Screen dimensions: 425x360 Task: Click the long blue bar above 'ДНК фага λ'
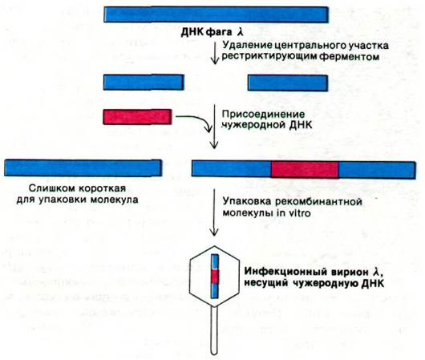(216, 14)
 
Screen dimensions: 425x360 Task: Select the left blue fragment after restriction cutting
(144, 82)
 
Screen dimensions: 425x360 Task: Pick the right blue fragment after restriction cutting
(288, 83)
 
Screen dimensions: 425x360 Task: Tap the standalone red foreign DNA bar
(137, 117)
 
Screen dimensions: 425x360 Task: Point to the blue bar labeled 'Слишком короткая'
(83, 168)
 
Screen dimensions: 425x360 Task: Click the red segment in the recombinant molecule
(305, 170)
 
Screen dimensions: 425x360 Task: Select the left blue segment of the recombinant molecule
(232, 168)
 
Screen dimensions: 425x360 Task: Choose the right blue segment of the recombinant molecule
(377, 170)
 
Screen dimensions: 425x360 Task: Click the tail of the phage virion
(214, 330)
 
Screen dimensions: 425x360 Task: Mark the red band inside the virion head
(215, 277)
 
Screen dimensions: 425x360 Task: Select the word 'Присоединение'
(263, 114)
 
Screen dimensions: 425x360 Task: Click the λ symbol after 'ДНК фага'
(241, 32)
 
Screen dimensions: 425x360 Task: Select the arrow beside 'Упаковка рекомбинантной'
(215, 212)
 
